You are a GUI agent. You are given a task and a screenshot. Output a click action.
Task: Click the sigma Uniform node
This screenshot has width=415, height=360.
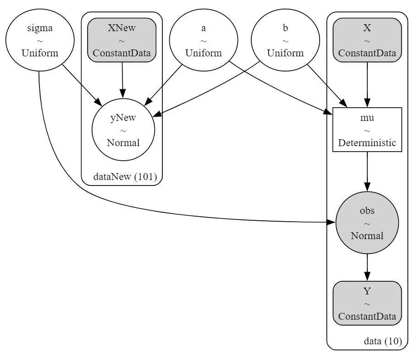[x=40, y=40]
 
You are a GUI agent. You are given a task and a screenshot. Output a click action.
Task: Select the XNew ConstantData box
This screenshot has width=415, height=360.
[x=122, y=40]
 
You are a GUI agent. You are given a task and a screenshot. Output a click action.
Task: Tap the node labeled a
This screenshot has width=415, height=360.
[x=204, y=40]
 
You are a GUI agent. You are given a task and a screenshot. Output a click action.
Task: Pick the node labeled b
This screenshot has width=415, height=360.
[x=285, y=40]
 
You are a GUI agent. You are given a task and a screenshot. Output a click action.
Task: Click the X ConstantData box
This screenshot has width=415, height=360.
[x=367, y=40]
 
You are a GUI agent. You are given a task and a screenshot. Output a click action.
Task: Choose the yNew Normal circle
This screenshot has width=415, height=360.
[x=123, y=130]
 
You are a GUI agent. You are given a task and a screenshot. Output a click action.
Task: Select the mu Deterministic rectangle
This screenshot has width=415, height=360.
[x=367, y=130]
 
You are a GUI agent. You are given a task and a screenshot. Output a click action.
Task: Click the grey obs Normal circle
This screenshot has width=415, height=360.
[x=367, y=223]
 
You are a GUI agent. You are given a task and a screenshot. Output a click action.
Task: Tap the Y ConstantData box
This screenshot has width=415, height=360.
[x=367, y=303]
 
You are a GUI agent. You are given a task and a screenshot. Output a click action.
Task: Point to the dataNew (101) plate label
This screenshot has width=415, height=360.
[x=125, y=176]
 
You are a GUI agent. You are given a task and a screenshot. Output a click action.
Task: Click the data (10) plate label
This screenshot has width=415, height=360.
[x=383, y=341]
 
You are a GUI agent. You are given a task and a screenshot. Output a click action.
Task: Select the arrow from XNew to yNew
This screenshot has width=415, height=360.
[x=122, y=80]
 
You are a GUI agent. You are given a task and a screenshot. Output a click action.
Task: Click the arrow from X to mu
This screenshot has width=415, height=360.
[x=367, y=85]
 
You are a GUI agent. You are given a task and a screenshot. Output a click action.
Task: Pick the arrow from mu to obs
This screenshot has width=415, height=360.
[x=367, y=172]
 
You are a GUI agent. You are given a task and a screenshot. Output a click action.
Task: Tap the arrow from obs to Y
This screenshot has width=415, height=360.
[x=367, y=267]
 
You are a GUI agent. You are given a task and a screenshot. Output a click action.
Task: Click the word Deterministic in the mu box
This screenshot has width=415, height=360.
[x=367, y=143]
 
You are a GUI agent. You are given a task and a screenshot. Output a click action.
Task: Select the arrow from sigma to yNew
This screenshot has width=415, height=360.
[x=82, y=85]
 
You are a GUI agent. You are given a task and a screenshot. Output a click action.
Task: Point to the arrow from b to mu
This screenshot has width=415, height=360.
[x=327, y=86]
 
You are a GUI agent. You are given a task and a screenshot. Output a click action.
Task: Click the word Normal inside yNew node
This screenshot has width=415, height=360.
[x=123, y=143]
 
